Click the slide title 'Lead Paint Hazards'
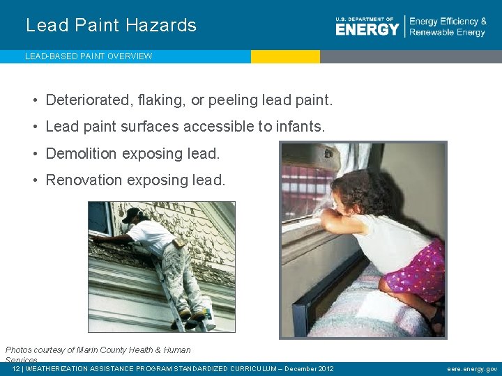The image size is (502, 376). pos(111,26)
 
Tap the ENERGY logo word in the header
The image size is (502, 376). pos(367,29)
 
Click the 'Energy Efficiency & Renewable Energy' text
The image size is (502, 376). pos(448,27)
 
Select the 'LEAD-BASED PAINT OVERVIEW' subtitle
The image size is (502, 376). pos(89,56)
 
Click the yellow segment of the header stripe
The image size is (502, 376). pos(285,56)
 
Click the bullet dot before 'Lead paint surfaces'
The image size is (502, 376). pos(34,127)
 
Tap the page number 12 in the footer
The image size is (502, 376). pos(16,369)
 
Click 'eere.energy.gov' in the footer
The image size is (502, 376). pos(472,369)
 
